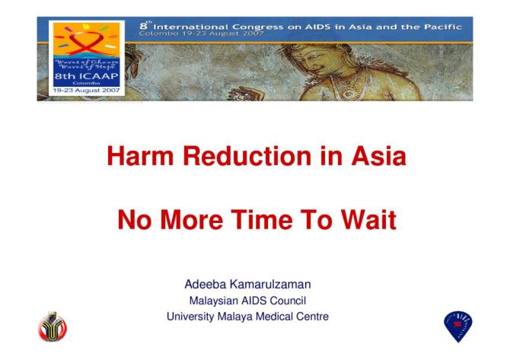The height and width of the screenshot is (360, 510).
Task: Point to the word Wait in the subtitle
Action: (365, 221)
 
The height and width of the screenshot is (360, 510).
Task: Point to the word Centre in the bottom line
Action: (313, 317)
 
